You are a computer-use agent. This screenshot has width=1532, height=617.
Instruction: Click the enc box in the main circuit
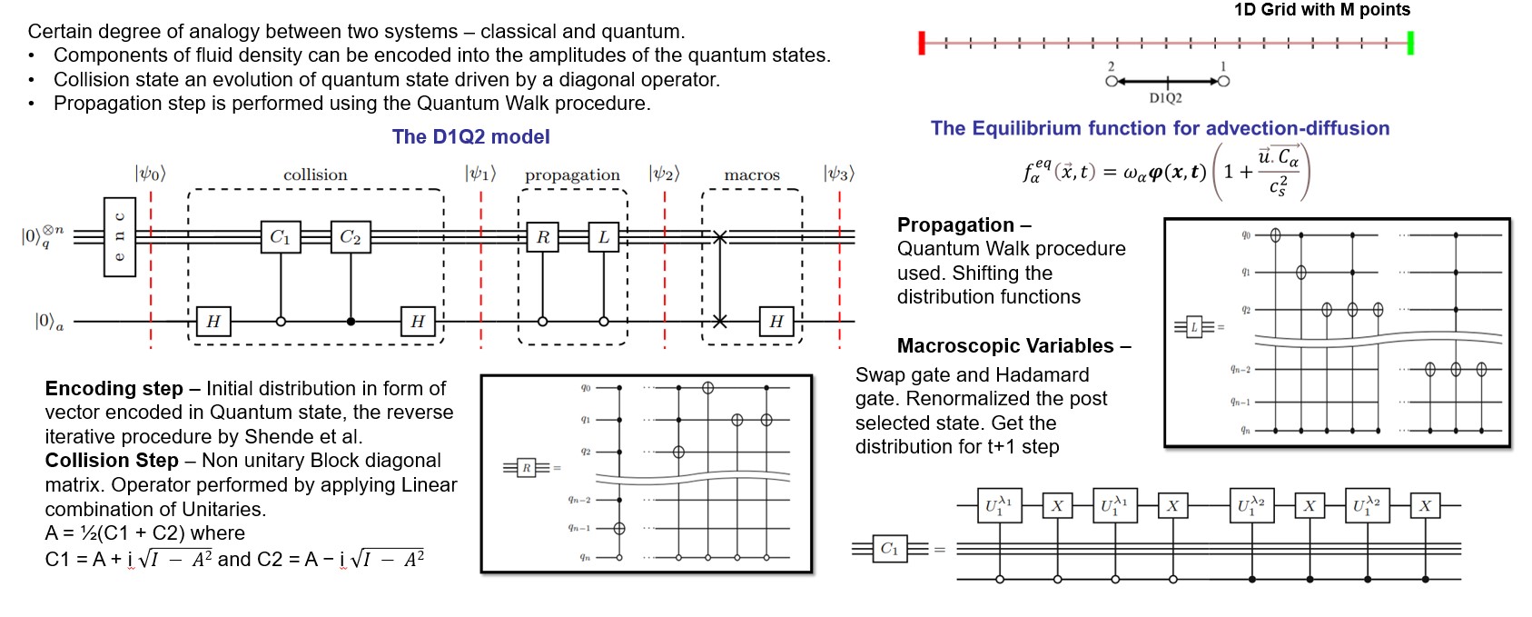[x=119, y=236]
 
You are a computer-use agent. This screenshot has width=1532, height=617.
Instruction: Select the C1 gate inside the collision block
[x=281, y=237]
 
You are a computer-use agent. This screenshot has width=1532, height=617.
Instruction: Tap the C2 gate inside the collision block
[x=351, y=237]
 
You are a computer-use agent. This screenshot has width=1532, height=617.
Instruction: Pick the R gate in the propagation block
[x=543, y=237]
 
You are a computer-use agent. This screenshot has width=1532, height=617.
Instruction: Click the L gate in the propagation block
[x=604, y=237]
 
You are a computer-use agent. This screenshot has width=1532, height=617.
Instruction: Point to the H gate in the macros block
[x=776, y=321]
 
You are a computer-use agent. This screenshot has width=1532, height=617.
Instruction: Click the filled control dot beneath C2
[x=351, y=321]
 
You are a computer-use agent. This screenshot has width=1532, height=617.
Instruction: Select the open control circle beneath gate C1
[x=281, y=321]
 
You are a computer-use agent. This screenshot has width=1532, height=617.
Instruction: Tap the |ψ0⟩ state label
[x=151, y=174]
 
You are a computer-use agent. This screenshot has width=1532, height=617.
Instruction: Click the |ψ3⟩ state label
[x=839, y=174]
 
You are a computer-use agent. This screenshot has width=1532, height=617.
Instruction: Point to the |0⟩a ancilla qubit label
[x=49, y=321]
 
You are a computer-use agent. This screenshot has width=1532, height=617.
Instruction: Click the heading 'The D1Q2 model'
[x=470, y=137]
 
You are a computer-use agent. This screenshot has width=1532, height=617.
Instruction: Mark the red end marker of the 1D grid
[x=922, y=43]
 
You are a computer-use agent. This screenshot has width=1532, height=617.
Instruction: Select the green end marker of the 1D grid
[x=1410, y=43]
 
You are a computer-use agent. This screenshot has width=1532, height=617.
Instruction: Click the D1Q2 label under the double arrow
[x=1165, y=98]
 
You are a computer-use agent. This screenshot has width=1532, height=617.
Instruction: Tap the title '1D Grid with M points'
[x=1321, y=10]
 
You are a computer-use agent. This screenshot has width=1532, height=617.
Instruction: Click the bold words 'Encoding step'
[x=114, y=389]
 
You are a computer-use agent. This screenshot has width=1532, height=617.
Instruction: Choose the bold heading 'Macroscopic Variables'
[x=1005, y=346]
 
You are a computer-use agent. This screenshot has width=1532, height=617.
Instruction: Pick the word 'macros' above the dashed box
[x=752, y=174]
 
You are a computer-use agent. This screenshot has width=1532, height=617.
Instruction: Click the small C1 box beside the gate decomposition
[x=889, y=548]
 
